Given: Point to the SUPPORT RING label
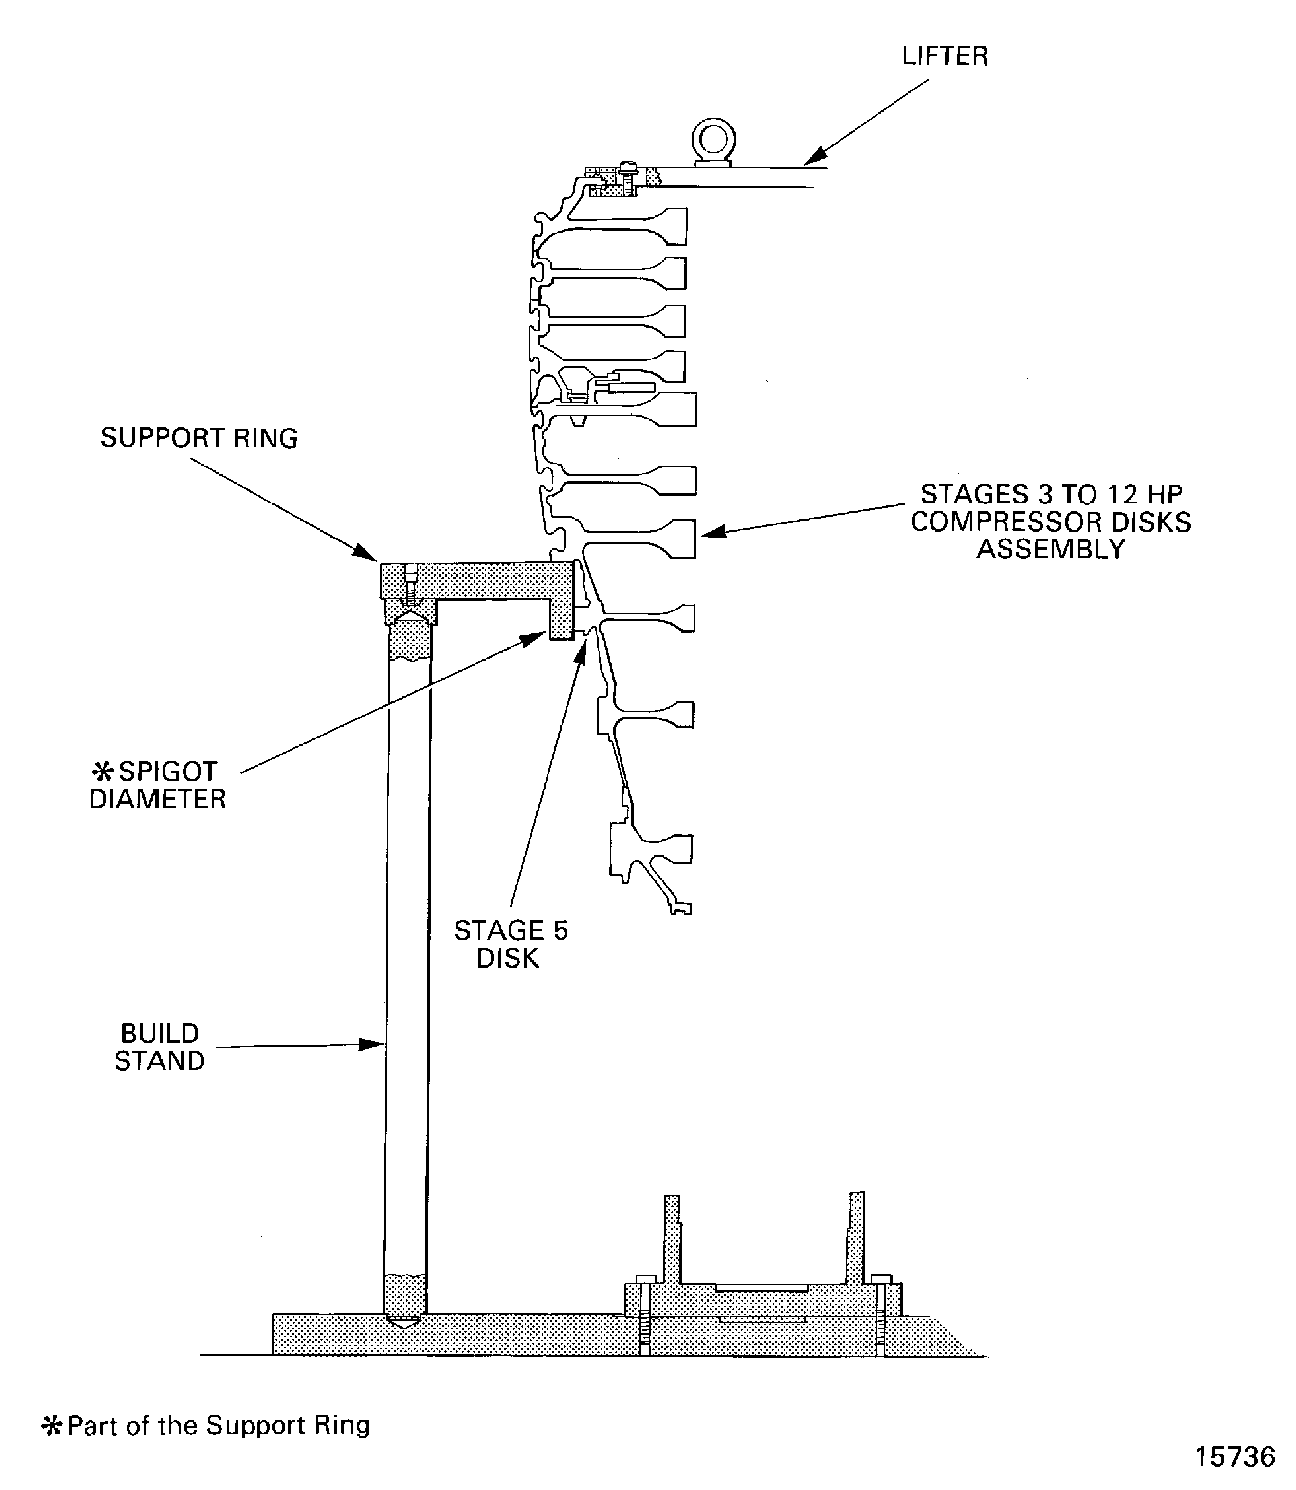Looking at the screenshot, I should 199,438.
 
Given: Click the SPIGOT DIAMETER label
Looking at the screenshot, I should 158,785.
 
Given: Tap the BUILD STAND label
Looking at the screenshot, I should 159,1047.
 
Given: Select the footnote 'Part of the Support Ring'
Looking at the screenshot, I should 219,1424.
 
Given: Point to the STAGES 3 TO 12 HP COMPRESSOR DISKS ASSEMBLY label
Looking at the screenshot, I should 1050,521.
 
